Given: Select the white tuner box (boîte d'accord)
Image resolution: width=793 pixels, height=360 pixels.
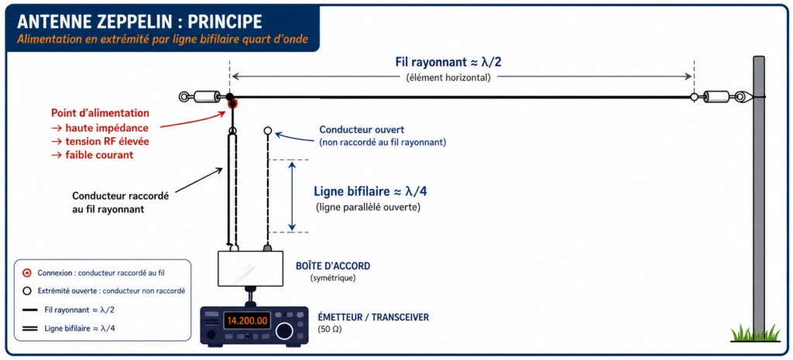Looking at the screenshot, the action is (250, 269).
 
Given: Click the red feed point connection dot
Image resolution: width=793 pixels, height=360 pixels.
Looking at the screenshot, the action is (232, 105).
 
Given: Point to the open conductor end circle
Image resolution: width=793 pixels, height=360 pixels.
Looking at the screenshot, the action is (267, 131).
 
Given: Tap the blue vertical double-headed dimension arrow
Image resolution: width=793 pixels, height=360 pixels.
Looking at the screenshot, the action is (292, 196).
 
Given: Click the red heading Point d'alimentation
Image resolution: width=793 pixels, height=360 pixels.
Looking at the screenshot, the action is (100, 113).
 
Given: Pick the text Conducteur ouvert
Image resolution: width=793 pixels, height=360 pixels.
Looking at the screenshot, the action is (361, 130).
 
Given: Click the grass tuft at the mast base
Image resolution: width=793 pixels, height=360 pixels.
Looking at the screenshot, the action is (755, 333).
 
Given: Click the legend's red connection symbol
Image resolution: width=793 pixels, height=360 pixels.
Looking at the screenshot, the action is (27, 273).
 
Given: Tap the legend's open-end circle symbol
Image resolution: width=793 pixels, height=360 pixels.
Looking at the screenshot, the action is (27, 291).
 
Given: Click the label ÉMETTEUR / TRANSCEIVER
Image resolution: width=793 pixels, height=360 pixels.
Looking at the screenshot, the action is (373, 317).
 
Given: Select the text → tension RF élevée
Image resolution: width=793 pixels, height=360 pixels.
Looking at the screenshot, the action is (101, 141).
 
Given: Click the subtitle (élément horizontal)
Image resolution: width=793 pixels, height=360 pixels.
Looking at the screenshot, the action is (448, 77).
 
